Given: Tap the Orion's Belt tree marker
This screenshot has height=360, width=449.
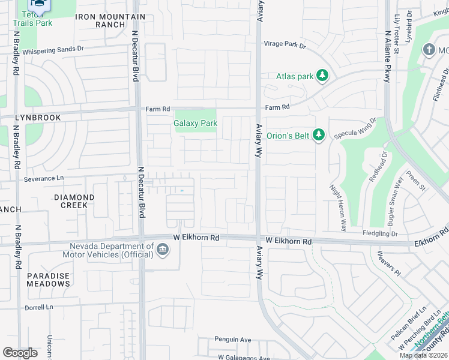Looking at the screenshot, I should tap(319, 135).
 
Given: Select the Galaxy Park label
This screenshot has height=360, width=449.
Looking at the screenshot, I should tap(195, 123).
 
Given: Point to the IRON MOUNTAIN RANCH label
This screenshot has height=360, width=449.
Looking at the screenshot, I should tap(110, 21).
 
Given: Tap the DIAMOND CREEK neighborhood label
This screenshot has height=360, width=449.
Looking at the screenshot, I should tap(74, 201).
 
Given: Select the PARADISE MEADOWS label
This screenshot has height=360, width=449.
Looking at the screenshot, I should tap(48, 280).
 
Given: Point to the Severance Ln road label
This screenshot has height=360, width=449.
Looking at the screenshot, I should tap(43, 178).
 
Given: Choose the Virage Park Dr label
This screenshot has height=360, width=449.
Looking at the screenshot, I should tap(285, 44).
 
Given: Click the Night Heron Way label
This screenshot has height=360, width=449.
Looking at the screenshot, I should tap(339, 208).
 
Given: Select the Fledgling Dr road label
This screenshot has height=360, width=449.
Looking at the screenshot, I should tap(380, 233).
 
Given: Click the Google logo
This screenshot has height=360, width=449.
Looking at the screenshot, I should tap(20, 353).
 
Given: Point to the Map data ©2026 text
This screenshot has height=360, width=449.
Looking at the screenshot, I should tap(423, 355).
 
